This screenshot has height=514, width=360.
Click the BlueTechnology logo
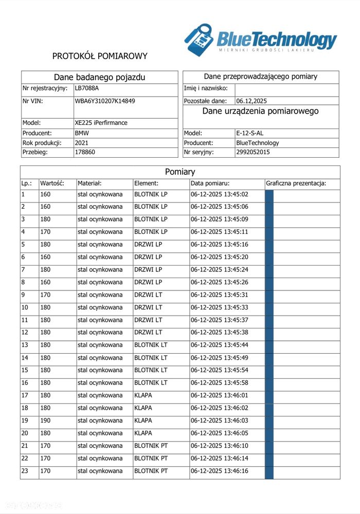click(x=261, y=40)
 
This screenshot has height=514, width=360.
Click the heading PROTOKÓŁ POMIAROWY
click(x=100, y=56)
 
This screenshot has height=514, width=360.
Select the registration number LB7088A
click(x=86, y=88)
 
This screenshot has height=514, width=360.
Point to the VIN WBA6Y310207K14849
click(x=105, y=101)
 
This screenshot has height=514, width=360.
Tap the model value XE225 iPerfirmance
click(x=101, y=123)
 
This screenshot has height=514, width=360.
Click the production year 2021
click(x=82, y=142)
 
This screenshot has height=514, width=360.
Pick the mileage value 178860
click(x=85, y=152)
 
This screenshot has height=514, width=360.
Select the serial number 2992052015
click(x=253, y=152)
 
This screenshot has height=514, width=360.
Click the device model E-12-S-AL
click(x=249, y=133)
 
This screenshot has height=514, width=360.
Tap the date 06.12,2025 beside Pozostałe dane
click(x=251, y=101)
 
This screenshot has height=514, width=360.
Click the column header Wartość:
click(x=52, y=183)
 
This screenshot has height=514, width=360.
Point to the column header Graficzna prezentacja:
click(x=296, y=183)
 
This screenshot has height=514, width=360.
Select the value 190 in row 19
click(x=45, y=420)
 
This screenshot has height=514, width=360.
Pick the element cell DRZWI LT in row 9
click(x=148, y=295)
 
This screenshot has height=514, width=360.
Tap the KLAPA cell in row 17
click(x=143, y=395)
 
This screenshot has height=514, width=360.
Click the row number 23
click(x=25, y=471)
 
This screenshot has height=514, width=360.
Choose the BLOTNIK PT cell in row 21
click(x=151, y=446)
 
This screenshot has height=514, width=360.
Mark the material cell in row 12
click(x=100, y=333)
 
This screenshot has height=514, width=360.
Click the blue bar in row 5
click(x=269, y=245)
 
